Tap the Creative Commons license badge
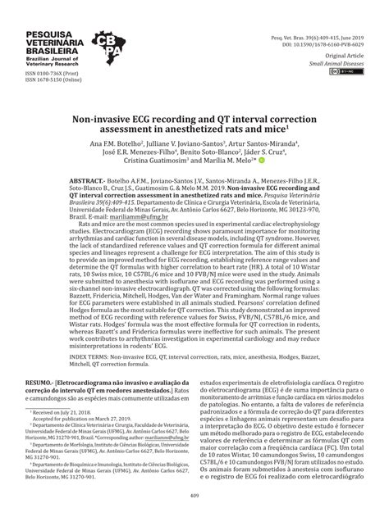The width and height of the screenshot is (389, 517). (339, 73)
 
